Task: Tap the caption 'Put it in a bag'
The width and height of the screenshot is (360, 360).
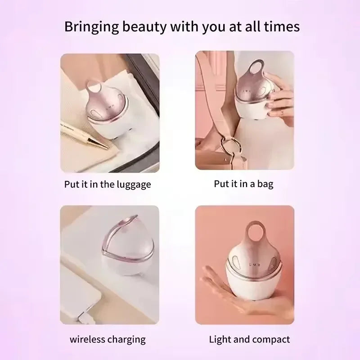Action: [243, 184]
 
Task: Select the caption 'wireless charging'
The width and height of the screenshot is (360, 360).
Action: [107, 339]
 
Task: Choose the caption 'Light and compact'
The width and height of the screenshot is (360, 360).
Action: [249, 339]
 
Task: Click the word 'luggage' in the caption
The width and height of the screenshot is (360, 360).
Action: [133, 185]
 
